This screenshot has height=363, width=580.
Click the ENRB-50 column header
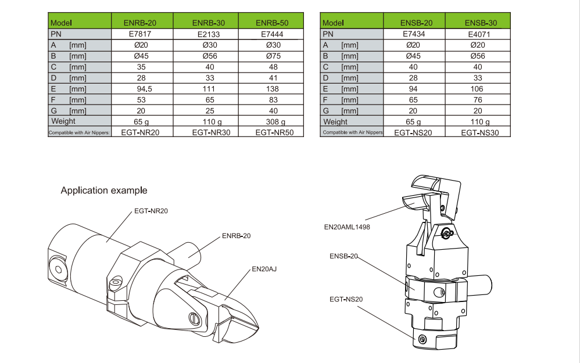click(272, 23)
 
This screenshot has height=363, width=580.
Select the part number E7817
click(140, 34)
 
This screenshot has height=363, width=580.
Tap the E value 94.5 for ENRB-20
click(140, 89)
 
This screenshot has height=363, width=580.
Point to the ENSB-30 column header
click(481, 23)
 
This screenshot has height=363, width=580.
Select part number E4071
click(481, 34)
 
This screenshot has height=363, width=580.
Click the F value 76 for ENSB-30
click(481, 100)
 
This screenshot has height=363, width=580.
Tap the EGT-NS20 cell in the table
click(414, 132)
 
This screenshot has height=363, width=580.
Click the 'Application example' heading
click(104, 191)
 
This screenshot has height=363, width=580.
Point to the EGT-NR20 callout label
click(151, 210)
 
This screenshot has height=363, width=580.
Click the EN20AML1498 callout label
click(347, 227)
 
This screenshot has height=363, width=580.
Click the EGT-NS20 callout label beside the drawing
click(346, 299)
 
